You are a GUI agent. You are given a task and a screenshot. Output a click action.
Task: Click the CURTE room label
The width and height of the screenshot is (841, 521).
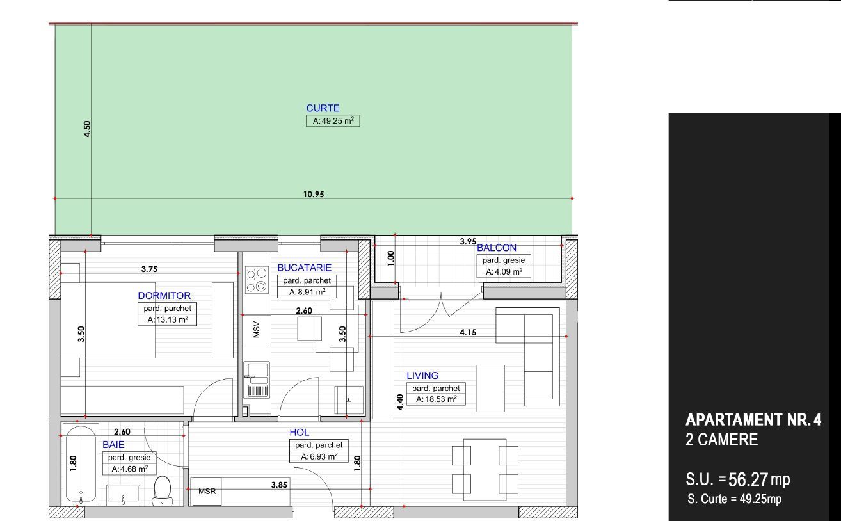[x=323, y=108]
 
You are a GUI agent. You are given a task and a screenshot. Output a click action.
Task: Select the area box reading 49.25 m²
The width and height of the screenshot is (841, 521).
[x=333, y=120]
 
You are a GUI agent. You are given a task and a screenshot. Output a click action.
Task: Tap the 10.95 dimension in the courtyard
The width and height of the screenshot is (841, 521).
[x=314, y=194]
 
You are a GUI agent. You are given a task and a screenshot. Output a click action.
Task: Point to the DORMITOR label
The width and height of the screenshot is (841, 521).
[x=164, y=296]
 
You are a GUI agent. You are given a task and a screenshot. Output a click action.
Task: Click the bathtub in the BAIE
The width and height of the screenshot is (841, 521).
[x=81, y=464]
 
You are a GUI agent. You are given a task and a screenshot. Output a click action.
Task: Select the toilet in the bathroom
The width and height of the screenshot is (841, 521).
[x=163, y=490]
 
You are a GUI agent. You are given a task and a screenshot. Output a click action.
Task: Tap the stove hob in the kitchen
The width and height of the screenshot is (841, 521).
[x=257, y=279]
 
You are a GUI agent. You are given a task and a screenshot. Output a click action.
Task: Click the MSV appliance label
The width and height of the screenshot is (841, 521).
[x=257, y=329]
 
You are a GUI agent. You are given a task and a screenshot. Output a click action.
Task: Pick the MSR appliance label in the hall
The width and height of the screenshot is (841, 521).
[x=207, y=491]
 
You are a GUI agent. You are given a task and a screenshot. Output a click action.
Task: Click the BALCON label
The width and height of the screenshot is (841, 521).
[x=496, y=248]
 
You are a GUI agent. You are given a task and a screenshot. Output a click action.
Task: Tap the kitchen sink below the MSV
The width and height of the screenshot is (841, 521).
[x=257, y=380]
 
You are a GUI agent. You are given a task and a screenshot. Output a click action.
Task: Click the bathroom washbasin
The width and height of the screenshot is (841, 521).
[x=123, y=495]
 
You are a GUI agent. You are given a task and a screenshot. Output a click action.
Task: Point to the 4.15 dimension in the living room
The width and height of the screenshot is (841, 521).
[x=468, y=332]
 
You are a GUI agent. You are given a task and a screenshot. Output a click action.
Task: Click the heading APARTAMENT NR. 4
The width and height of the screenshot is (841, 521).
[x=753, y=420]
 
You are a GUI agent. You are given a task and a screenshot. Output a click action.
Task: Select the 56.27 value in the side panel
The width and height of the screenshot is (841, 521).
[x=748, y=479]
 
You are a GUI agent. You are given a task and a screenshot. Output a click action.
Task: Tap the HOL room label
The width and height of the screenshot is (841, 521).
[x=300, y=433]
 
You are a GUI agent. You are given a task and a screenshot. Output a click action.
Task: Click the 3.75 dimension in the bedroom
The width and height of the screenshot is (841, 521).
[x=149, y=269]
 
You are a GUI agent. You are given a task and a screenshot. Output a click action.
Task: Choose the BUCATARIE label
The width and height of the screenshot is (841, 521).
[x=305, y=268]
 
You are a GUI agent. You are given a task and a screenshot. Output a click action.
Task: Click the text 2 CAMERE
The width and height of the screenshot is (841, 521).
[x=721, y=440]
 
